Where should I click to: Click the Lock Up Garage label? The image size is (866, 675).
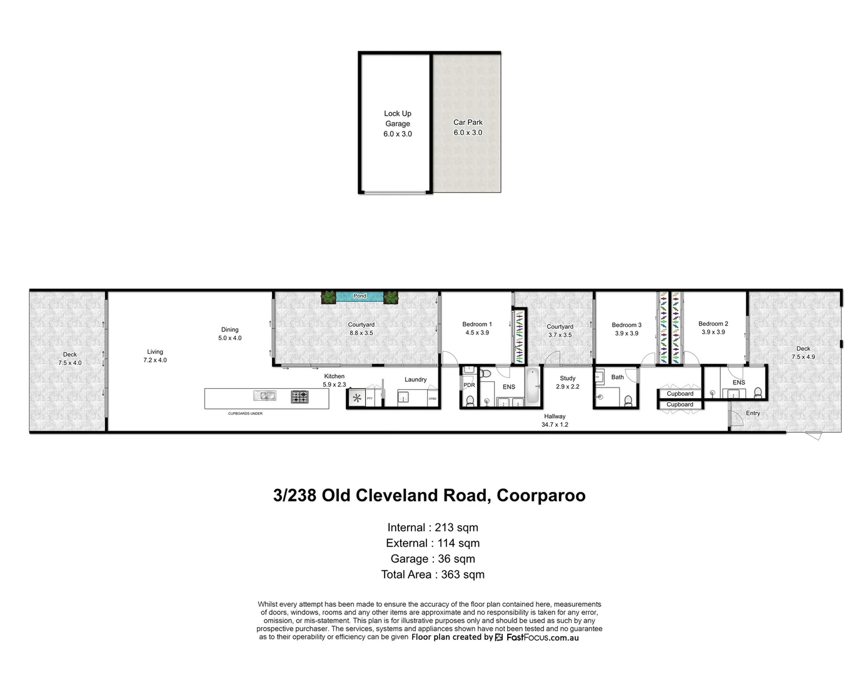398,119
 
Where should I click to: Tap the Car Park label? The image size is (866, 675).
468,122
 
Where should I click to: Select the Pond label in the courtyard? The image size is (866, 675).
360,296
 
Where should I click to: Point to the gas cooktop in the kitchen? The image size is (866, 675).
300,396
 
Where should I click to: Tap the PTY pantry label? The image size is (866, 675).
370,398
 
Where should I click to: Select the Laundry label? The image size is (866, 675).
415,379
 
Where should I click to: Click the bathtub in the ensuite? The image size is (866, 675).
532,386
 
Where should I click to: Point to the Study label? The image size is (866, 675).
567,378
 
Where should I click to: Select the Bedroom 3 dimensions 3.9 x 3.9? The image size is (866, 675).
626,334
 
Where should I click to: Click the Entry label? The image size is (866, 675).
753,413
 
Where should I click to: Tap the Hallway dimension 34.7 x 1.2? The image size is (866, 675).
555,424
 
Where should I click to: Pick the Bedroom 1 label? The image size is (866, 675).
476,324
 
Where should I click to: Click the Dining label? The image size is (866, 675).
229,329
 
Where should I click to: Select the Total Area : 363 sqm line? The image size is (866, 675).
433,574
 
